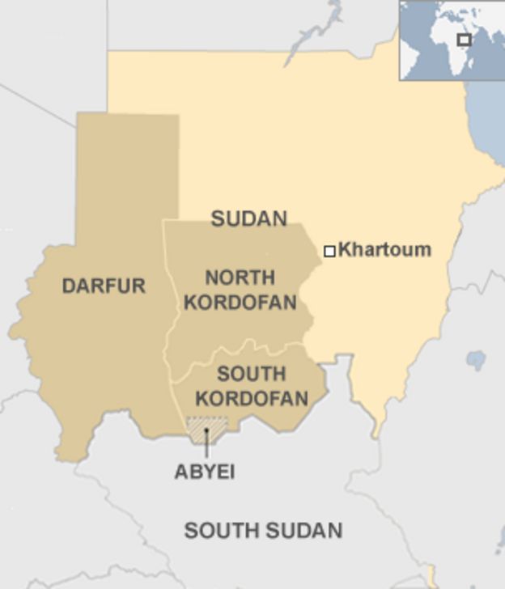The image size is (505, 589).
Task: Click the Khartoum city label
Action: click(384, 249)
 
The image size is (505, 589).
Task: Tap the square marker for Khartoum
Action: click(329, 252)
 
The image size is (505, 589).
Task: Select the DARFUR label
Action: click(104, 286)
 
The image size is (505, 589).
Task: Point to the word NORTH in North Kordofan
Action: click(240, 278)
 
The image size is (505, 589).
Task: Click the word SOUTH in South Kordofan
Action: click(252, 374)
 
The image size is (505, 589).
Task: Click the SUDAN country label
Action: click(249, 218)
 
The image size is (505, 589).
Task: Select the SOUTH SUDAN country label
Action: click(263, 531)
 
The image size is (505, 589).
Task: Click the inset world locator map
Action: click(451, 40)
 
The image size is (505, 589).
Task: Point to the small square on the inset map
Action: click(465, 40)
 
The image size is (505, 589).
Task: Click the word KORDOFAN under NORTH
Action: click(240, 303)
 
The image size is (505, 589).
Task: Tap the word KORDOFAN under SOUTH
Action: click(252, 399)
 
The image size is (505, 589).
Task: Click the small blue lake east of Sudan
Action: click(477, 360)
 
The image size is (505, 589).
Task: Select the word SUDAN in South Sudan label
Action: click(301, 531)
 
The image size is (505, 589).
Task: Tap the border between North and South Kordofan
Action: click(243, 350)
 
